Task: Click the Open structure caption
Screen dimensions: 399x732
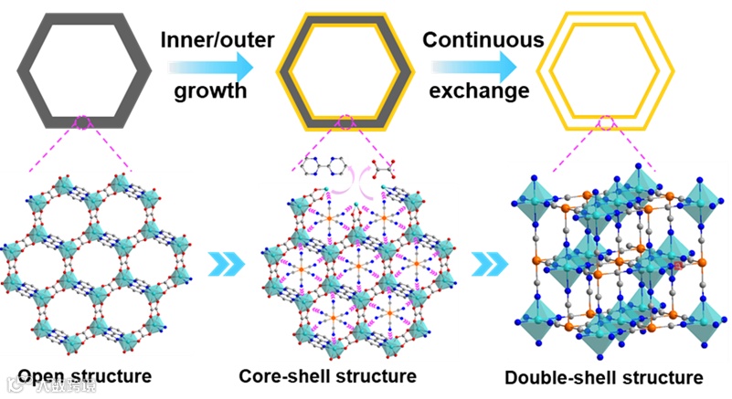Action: [86, 375]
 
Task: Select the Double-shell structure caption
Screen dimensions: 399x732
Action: [604, 377]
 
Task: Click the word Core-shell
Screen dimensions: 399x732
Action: [281, 375]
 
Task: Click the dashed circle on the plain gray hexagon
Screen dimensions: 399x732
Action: [82, 121]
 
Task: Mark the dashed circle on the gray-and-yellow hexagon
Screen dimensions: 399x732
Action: [346, 121]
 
